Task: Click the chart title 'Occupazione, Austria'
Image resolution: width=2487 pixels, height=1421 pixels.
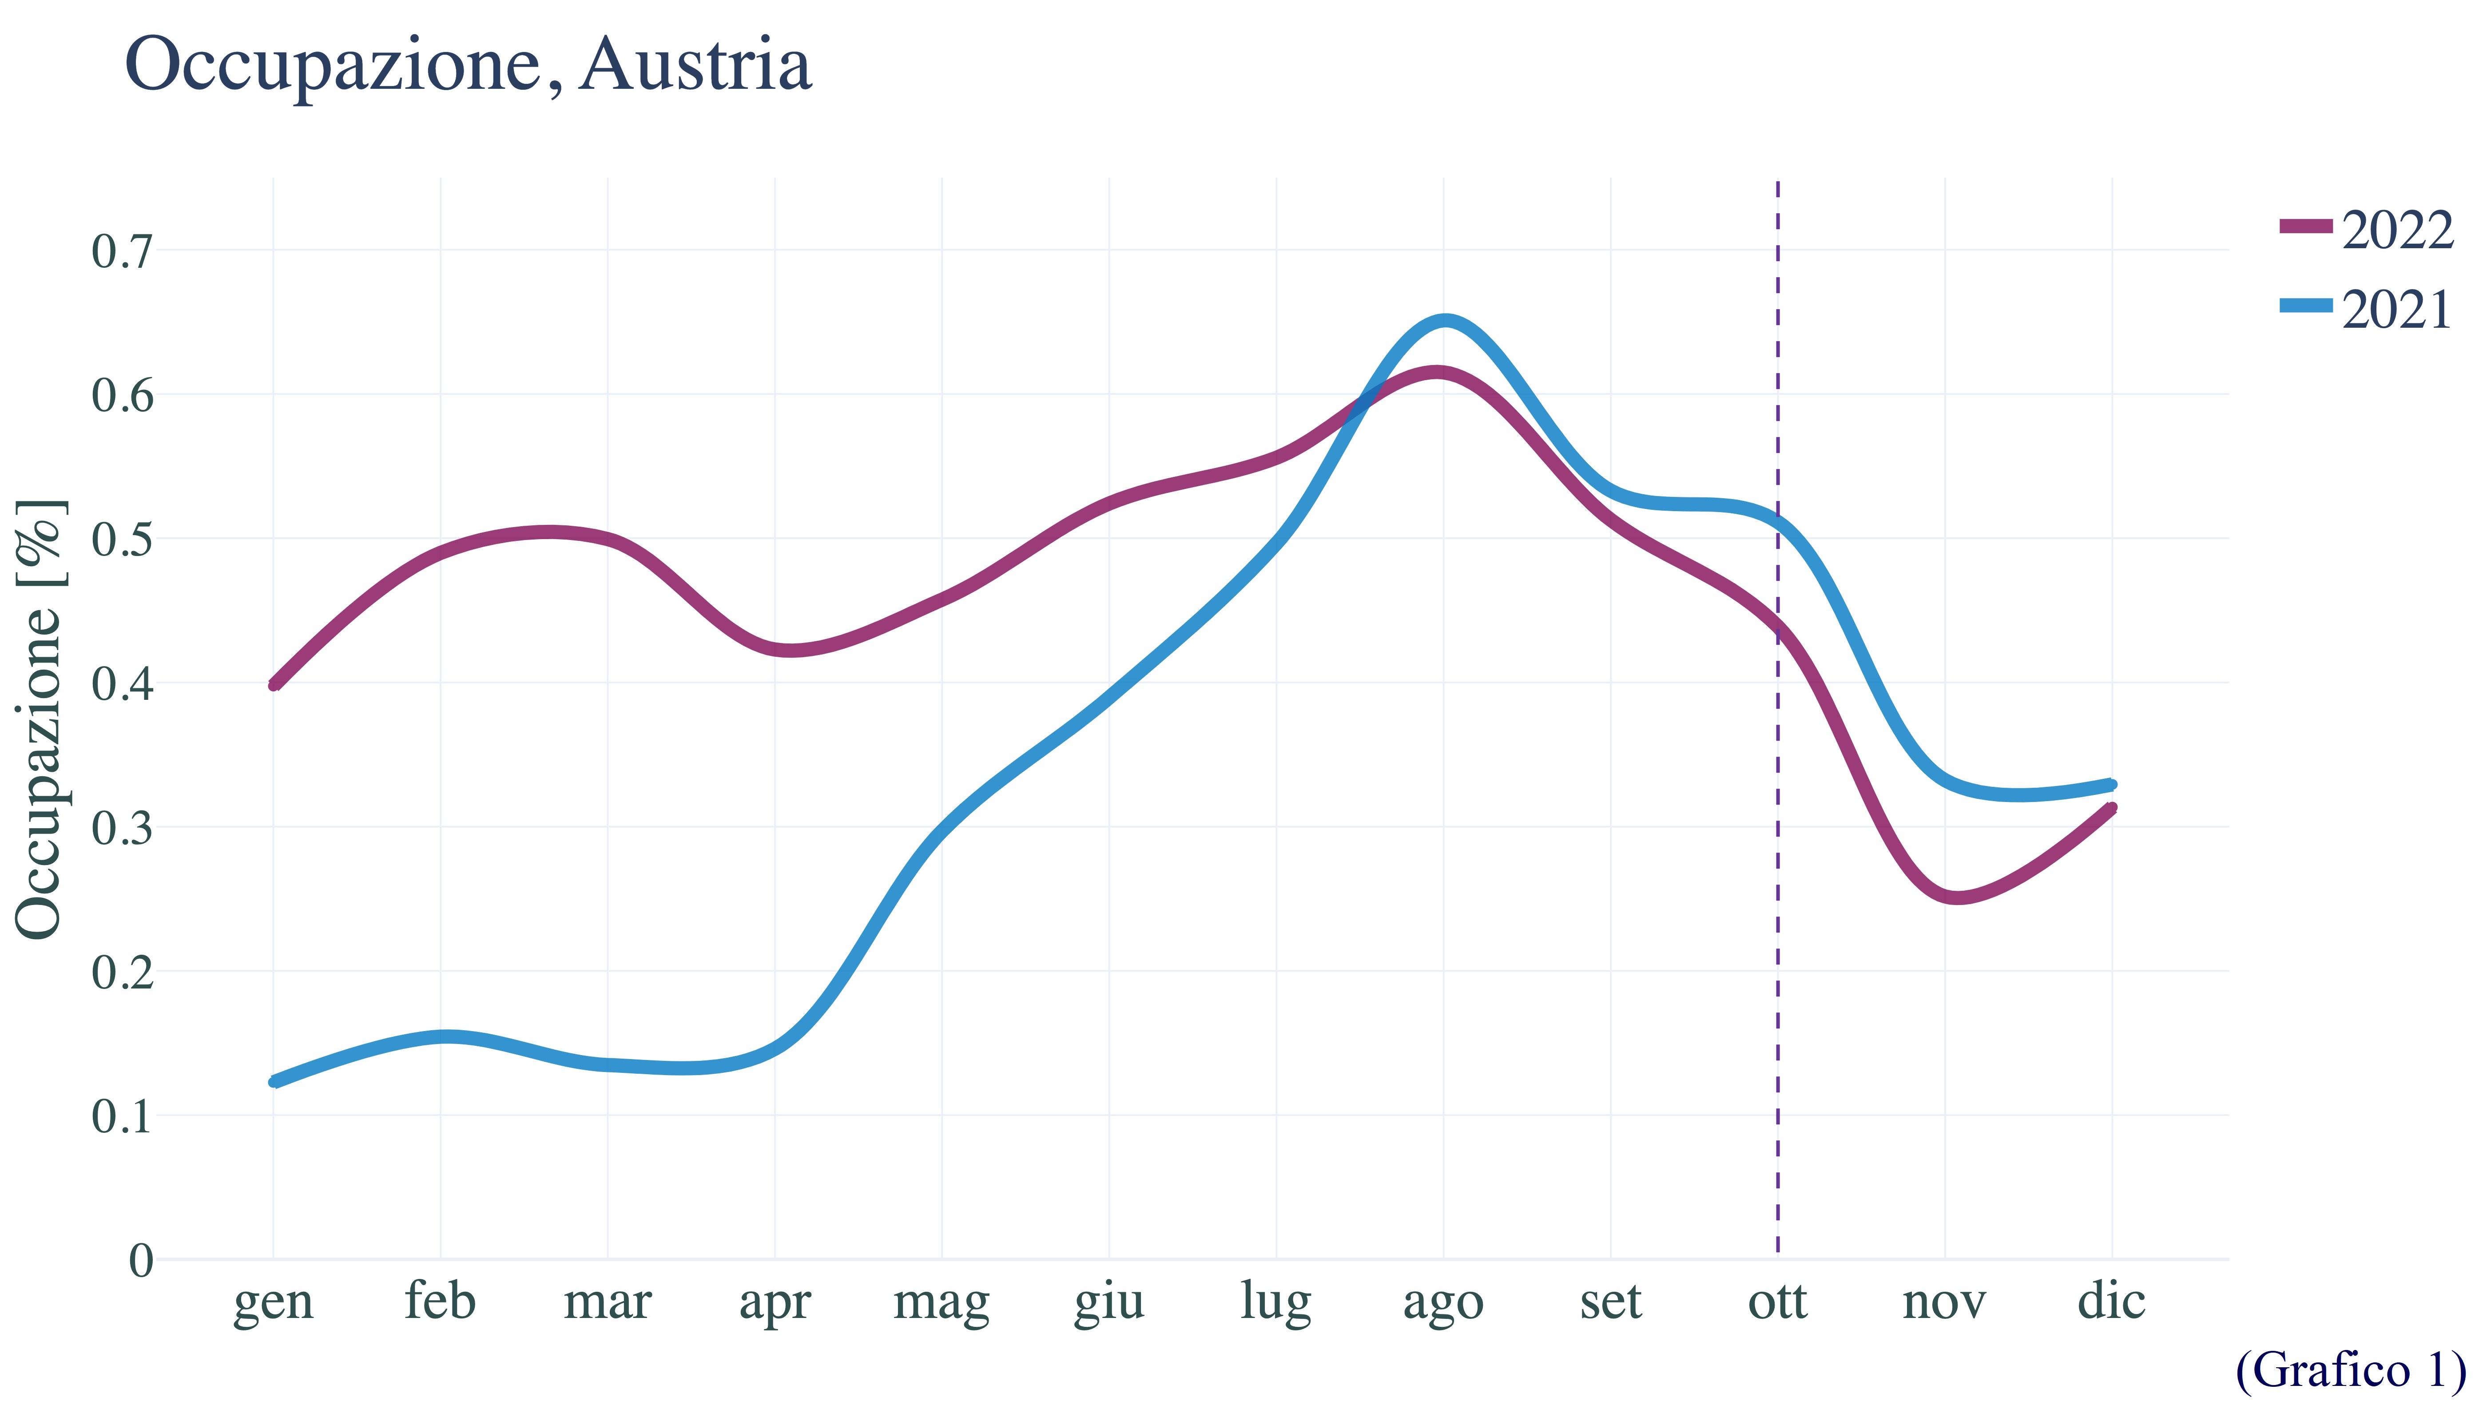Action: [469, 66]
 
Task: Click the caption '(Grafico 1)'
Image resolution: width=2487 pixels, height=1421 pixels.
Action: [2350, 1370]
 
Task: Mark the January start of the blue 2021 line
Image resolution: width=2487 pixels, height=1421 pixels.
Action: [275, 1080]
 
